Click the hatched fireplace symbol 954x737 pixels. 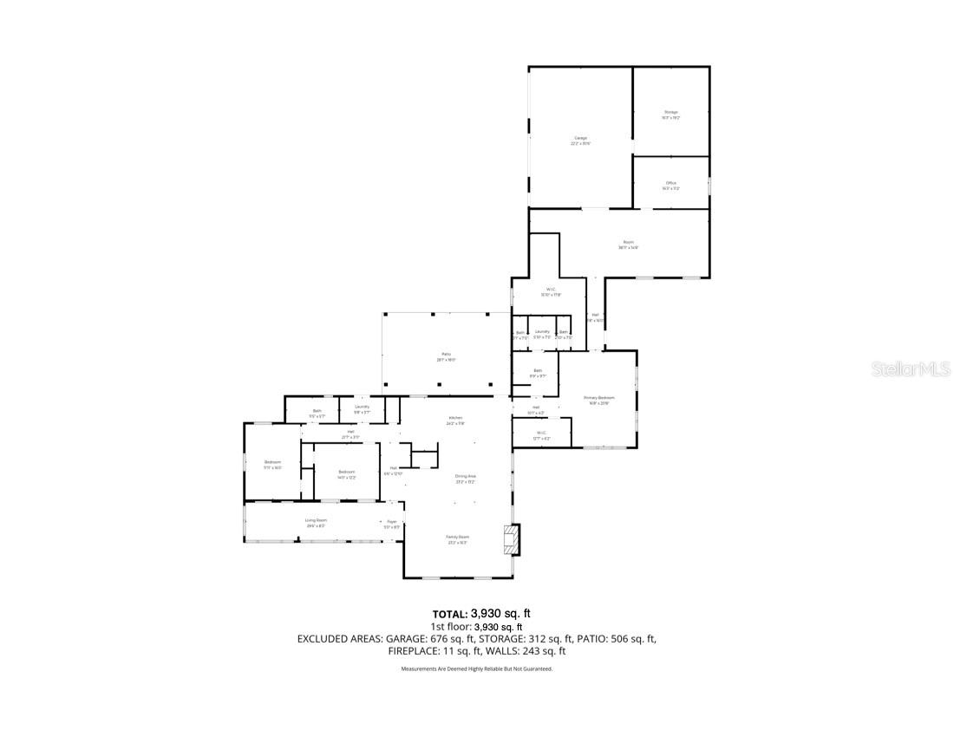click(513, 538)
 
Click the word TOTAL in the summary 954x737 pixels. click(450, 613)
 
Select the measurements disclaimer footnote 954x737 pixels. click(476, 669)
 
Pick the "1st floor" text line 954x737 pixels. click(476, 626)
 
